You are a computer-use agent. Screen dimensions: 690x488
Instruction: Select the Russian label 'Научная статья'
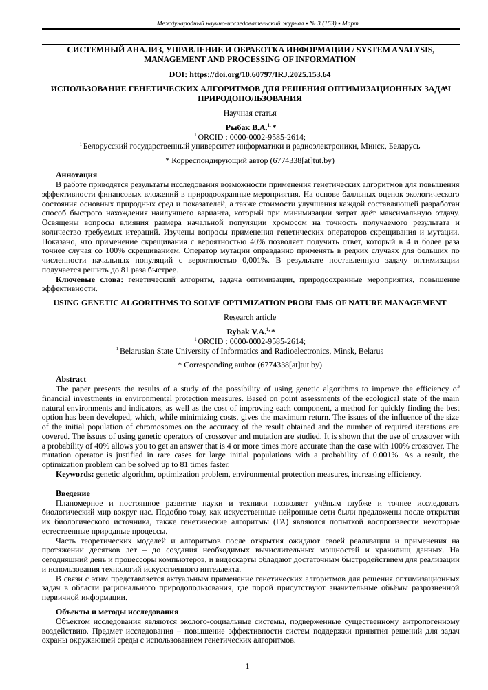point(250,113)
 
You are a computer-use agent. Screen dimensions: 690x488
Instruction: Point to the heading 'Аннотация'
point(76,175)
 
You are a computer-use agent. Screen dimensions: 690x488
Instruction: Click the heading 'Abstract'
point(71,379)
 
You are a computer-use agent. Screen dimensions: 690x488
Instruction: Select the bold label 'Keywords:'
point(74,474)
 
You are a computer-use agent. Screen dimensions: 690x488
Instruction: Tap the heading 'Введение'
point(72,494)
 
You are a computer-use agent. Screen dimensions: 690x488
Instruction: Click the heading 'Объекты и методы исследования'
point(117,611)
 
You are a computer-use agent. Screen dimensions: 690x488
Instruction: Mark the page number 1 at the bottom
point(247,666)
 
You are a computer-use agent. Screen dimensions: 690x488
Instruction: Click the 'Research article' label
point(250,317)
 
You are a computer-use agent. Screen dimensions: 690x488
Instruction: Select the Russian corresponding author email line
point(250,160)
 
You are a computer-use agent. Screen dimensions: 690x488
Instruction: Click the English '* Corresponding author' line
point(250,364)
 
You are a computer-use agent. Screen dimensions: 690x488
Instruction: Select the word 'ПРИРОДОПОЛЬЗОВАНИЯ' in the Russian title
point(250,99)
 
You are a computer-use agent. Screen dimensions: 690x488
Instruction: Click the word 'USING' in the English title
point(67,303)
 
